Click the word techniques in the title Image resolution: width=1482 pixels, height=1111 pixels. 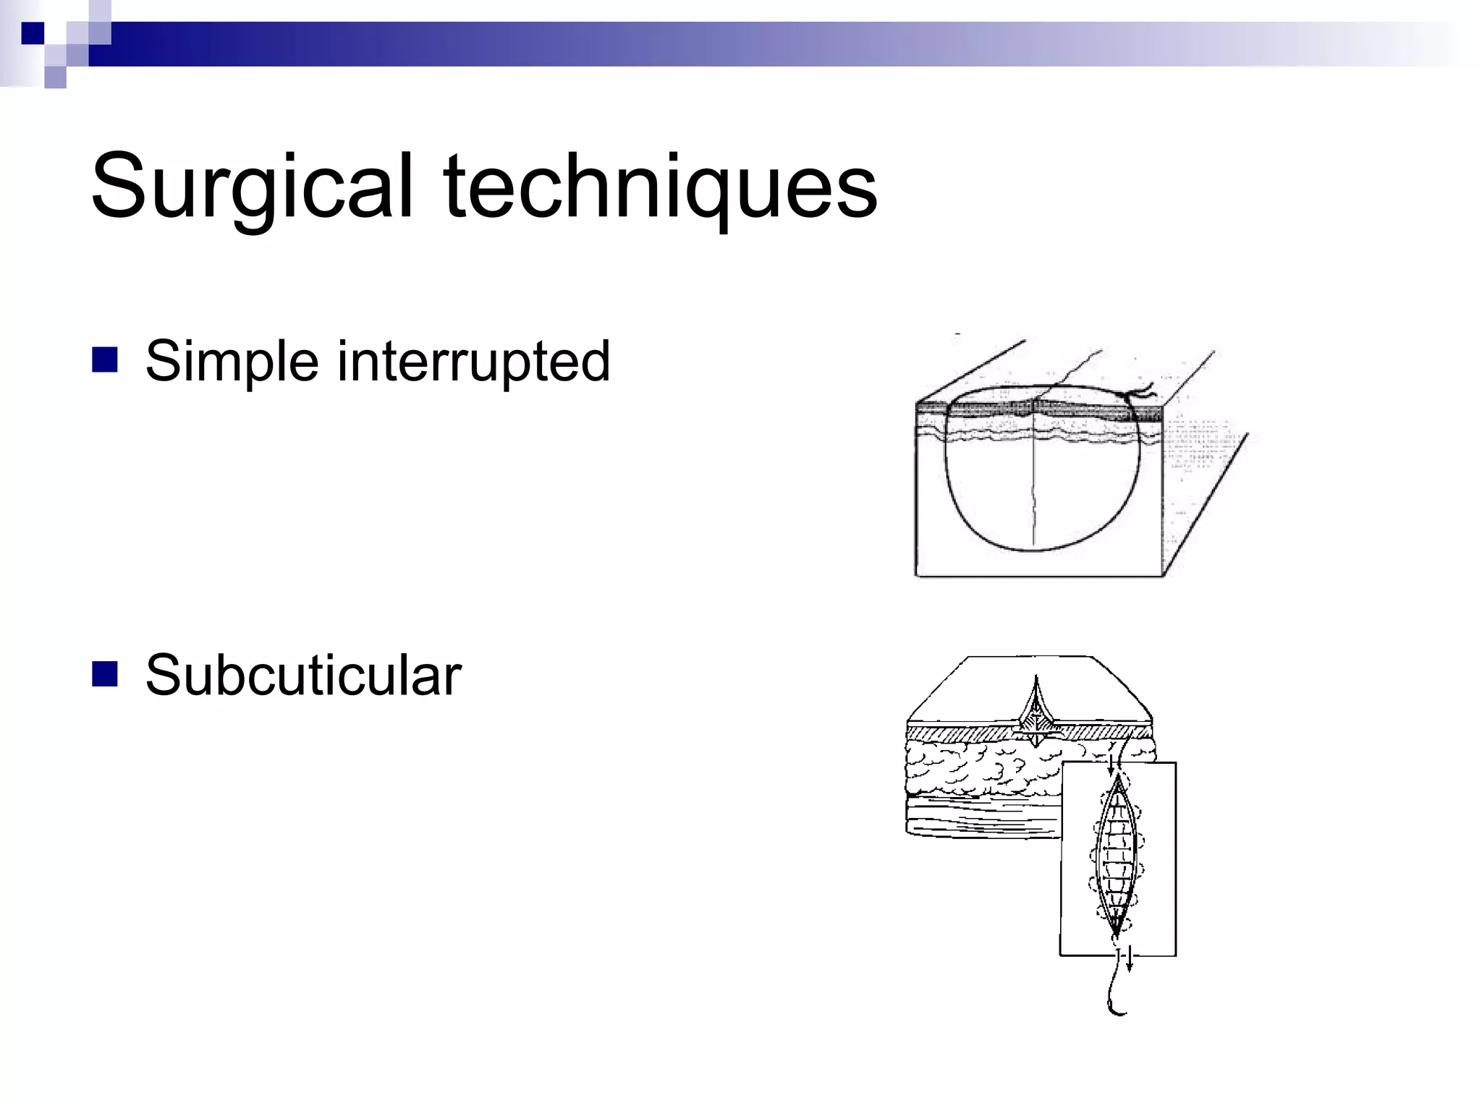click(x=660, y=187)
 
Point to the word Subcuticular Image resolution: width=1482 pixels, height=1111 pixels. click(x=303, y=675)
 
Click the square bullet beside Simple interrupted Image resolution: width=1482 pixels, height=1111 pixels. click(x=105, y=359)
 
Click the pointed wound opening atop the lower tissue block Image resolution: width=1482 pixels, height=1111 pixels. click(x=1036, y=705)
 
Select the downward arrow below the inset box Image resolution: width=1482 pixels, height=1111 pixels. click(x=1129, y=963)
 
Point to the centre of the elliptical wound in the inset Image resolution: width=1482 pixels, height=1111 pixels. click(x=1117, y=857)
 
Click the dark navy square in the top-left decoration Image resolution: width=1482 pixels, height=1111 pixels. click(x=33, y=33)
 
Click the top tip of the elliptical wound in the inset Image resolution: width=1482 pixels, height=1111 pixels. click(x=1119, y=778)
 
